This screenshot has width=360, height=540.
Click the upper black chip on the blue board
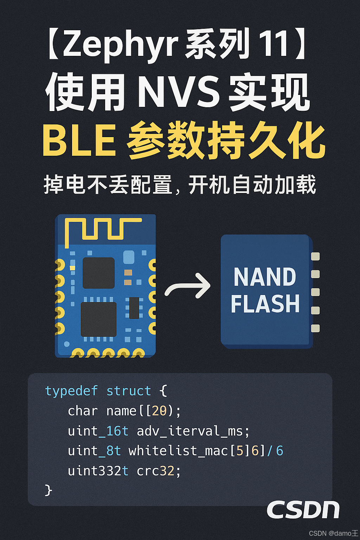(98, 273)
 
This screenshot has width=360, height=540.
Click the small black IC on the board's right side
(134, 308)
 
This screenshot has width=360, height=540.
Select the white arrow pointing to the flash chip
(188, 286)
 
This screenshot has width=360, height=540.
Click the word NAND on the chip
(265, 277)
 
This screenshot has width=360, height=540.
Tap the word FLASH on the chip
(265, 304)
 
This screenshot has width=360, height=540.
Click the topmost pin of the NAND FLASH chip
(315, 256)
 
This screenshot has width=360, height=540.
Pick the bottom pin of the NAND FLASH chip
(315, 328)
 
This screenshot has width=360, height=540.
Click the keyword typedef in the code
(71, 391)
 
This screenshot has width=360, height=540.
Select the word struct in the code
(128, 391)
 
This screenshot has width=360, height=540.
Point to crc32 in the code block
(156, 471)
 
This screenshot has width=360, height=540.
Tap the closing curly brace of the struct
(49, 490)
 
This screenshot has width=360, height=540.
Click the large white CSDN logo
(303, 510)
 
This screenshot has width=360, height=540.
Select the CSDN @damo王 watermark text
(333, 533)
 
